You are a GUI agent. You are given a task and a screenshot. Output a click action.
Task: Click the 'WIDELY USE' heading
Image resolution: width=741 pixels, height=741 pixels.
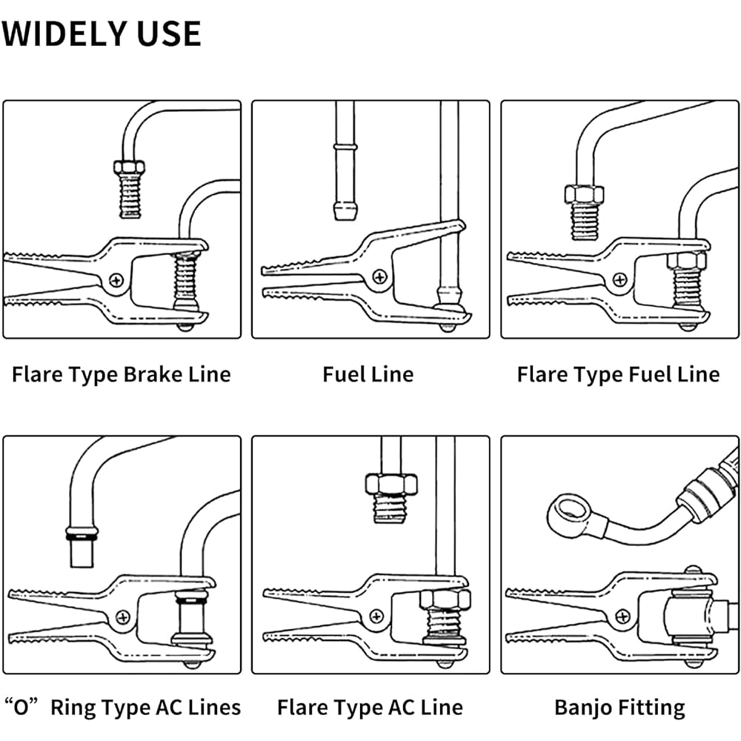(x=102, y=34)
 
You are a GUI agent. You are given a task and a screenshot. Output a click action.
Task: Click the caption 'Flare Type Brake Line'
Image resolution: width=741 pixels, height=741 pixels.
(x=121, y=374)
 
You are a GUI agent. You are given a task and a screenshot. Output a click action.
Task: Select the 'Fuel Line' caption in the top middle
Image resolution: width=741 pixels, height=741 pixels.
(x=368, y=374)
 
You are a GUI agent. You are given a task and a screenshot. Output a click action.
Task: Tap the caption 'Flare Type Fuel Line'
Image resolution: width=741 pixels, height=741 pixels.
(x=618, y=374)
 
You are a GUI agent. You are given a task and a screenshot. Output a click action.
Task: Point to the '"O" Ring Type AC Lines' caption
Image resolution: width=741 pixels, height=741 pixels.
(x=123, y=707)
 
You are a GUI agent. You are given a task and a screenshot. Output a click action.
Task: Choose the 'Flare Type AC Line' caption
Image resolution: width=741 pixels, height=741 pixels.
(x=370, y=707)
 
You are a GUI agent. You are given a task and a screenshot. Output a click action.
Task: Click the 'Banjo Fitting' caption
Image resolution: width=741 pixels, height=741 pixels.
(x=619, y=707)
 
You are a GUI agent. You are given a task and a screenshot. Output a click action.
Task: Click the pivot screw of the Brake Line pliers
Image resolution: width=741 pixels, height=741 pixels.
(x=116, y=280)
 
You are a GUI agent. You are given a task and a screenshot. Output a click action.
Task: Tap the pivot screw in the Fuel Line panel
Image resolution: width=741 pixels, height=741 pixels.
(x=380, y=277)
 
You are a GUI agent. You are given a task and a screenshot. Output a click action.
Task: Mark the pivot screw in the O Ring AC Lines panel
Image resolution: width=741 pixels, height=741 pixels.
(x=121, y=614)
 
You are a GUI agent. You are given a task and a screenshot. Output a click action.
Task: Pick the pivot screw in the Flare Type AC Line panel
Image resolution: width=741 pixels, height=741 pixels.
(x=378, y=614)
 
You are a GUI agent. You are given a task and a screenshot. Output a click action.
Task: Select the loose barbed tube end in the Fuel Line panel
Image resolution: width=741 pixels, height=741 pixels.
(x=344, y=209)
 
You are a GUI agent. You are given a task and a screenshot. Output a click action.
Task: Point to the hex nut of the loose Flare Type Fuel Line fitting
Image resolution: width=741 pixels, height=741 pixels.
(x=583, y=194)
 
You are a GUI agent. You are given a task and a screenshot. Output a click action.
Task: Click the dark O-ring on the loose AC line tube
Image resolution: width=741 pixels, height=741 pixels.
(x=81, y=533)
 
